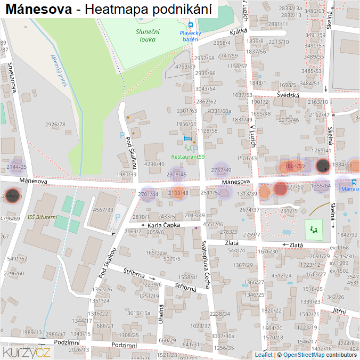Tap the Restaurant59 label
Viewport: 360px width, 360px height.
click(x=188, y=157)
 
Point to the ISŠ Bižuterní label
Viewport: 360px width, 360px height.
click(x=42, y=217)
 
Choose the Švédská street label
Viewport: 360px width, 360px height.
click(x=288, y=95)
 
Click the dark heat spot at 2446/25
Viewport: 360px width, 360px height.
click(x=11, y=196)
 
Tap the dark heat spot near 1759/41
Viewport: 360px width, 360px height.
click(x=322, y=166)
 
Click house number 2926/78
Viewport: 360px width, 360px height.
click(x=55, y=125)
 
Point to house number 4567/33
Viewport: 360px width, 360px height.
click(x=103, y=210)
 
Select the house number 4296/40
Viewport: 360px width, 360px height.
click(x=154, y=164)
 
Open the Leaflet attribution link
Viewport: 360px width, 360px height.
click(x=264, y=355)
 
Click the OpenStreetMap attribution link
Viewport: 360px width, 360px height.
click(x=304, y=355)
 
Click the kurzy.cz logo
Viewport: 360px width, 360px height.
click(x=27, y=351)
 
